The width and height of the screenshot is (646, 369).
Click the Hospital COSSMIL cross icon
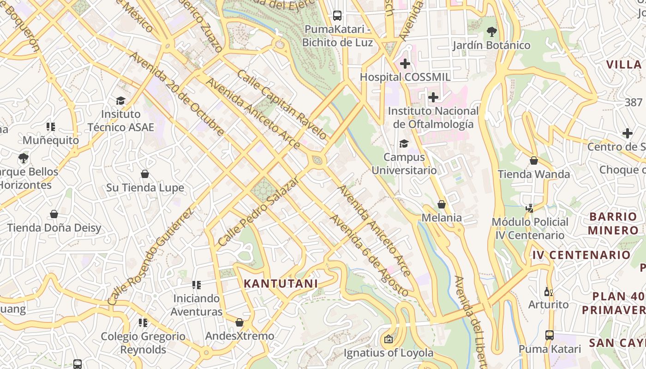tap(405, 64)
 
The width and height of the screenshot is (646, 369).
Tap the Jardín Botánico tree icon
tap(491, 32)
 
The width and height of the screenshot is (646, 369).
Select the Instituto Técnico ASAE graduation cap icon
tap(120, 101)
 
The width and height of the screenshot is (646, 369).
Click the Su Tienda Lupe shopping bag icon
tap(145, 174)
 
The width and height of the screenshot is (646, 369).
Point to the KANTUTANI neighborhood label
tap(281, 284)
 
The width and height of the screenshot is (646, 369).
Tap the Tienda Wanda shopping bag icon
tap(534, 161)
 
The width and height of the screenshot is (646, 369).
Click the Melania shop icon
tap(442, 204)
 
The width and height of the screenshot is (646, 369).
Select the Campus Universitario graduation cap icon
tap(404, 143)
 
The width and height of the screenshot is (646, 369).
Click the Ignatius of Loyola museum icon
tap(389, 339)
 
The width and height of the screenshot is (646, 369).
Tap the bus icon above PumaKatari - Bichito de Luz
tap(337, 16)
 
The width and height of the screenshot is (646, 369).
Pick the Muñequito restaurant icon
tap(51, 126)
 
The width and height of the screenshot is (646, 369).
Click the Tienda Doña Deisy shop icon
tap(54, 214)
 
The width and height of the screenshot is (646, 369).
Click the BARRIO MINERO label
tap(613, 223)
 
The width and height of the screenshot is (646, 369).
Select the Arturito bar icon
tap(548, 291)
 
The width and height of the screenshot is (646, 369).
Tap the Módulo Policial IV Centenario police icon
tap(530, 208)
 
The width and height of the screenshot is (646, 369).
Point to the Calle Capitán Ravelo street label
tap(282, 105)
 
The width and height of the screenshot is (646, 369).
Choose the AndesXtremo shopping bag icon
tap(239, 322)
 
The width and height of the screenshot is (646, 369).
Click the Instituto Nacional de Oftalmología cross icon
tap(433, 97)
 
